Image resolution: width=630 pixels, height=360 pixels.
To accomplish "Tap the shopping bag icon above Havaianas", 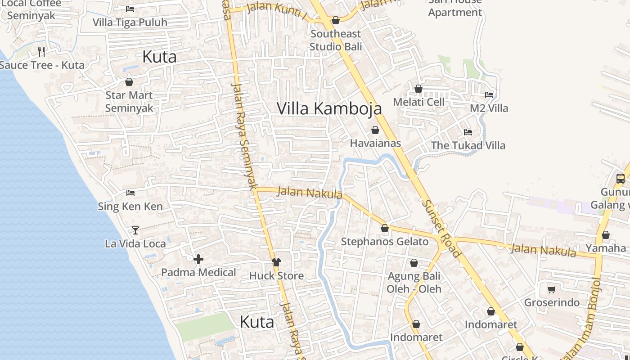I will tap(375, 130).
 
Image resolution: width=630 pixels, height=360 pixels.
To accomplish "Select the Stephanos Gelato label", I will tap(385, 242).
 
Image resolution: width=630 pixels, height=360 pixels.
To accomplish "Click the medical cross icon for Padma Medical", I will tap(198, 259).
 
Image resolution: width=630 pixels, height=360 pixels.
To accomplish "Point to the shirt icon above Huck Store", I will tap(276, 262).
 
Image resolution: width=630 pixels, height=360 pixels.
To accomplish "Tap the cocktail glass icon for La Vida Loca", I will tap(135, 230).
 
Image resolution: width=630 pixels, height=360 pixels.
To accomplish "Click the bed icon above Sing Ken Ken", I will tap(130, 193).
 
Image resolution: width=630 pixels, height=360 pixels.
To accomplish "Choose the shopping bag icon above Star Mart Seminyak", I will tap(129, 82).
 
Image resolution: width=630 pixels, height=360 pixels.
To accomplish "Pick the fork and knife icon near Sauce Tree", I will tap(41, 52).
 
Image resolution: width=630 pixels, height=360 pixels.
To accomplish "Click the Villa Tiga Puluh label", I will tap(130, 22).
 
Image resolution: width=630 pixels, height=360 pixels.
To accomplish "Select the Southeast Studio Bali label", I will tap(336, 40).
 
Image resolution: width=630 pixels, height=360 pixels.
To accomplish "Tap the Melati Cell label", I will tap(418, 102).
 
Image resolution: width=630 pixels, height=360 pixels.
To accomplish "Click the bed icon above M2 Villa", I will tap(489, 95).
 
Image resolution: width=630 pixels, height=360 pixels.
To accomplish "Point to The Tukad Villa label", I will tap(468, 145).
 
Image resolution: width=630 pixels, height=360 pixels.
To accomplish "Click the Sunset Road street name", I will tap(441, 229).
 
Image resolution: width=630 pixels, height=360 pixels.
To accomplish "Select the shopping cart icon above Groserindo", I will tap(552, 289).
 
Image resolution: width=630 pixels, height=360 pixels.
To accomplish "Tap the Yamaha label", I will tap(605, 248).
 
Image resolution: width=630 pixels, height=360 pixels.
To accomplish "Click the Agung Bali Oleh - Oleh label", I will tap(414, 282).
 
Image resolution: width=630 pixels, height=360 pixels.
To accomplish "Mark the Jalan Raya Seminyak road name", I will tap(243, 135).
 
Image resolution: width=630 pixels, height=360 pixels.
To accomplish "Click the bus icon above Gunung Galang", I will tap(620, 179).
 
